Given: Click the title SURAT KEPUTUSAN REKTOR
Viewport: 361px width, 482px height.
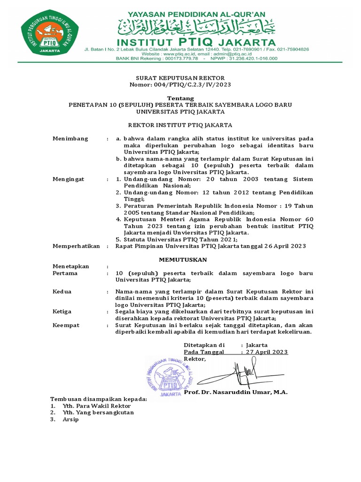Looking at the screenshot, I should [x=180, y=78].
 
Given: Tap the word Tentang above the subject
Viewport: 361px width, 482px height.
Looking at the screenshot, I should [x=180, y=98].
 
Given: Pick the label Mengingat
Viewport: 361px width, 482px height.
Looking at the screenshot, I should [x=69, y=179].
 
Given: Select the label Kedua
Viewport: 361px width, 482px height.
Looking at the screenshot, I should [x=62, y=292].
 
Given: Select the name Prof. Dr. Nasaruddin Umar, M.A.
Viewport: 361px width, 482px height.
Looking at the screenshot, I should [x=235, y=392].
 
